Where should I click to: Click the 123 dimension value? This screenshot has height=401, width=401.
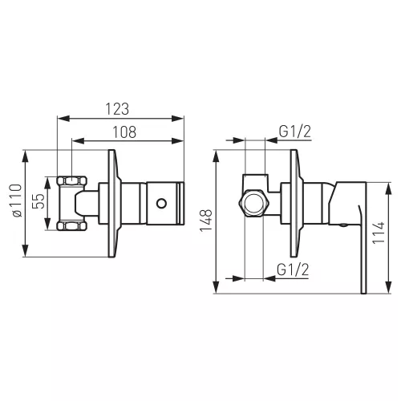[117, 109]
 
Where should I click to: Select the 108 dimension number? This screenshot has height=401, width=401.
[124, 132]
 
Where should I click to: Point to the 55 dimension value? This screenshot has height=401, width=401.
[38, 201]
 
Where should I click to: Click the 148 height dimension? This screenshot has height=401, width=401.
[206, 221]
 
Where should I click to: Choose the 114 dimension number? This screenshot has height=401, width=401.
[379, 233]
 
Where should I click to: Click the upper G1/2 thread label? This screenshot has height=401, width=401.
[295, 132]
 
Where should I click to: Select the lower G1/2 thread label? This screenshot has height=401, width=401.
[293, 269]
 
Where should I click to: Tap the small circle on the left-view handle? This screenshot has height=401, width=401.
[161, 204]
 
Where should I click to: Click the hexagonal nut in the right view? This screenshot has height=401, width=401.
[254, 203]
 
